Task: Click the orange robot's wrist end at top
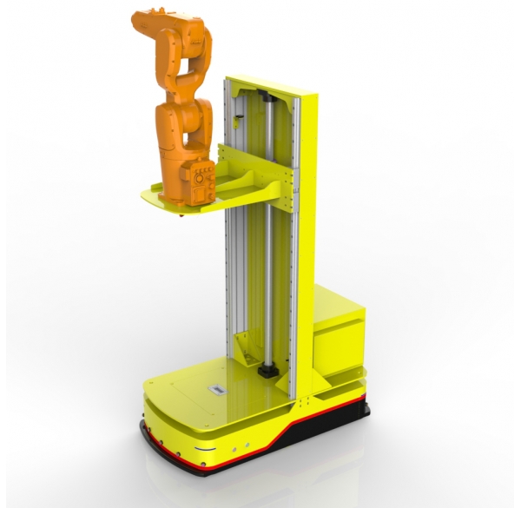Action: pyautogui.click(x=144, y=18)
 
